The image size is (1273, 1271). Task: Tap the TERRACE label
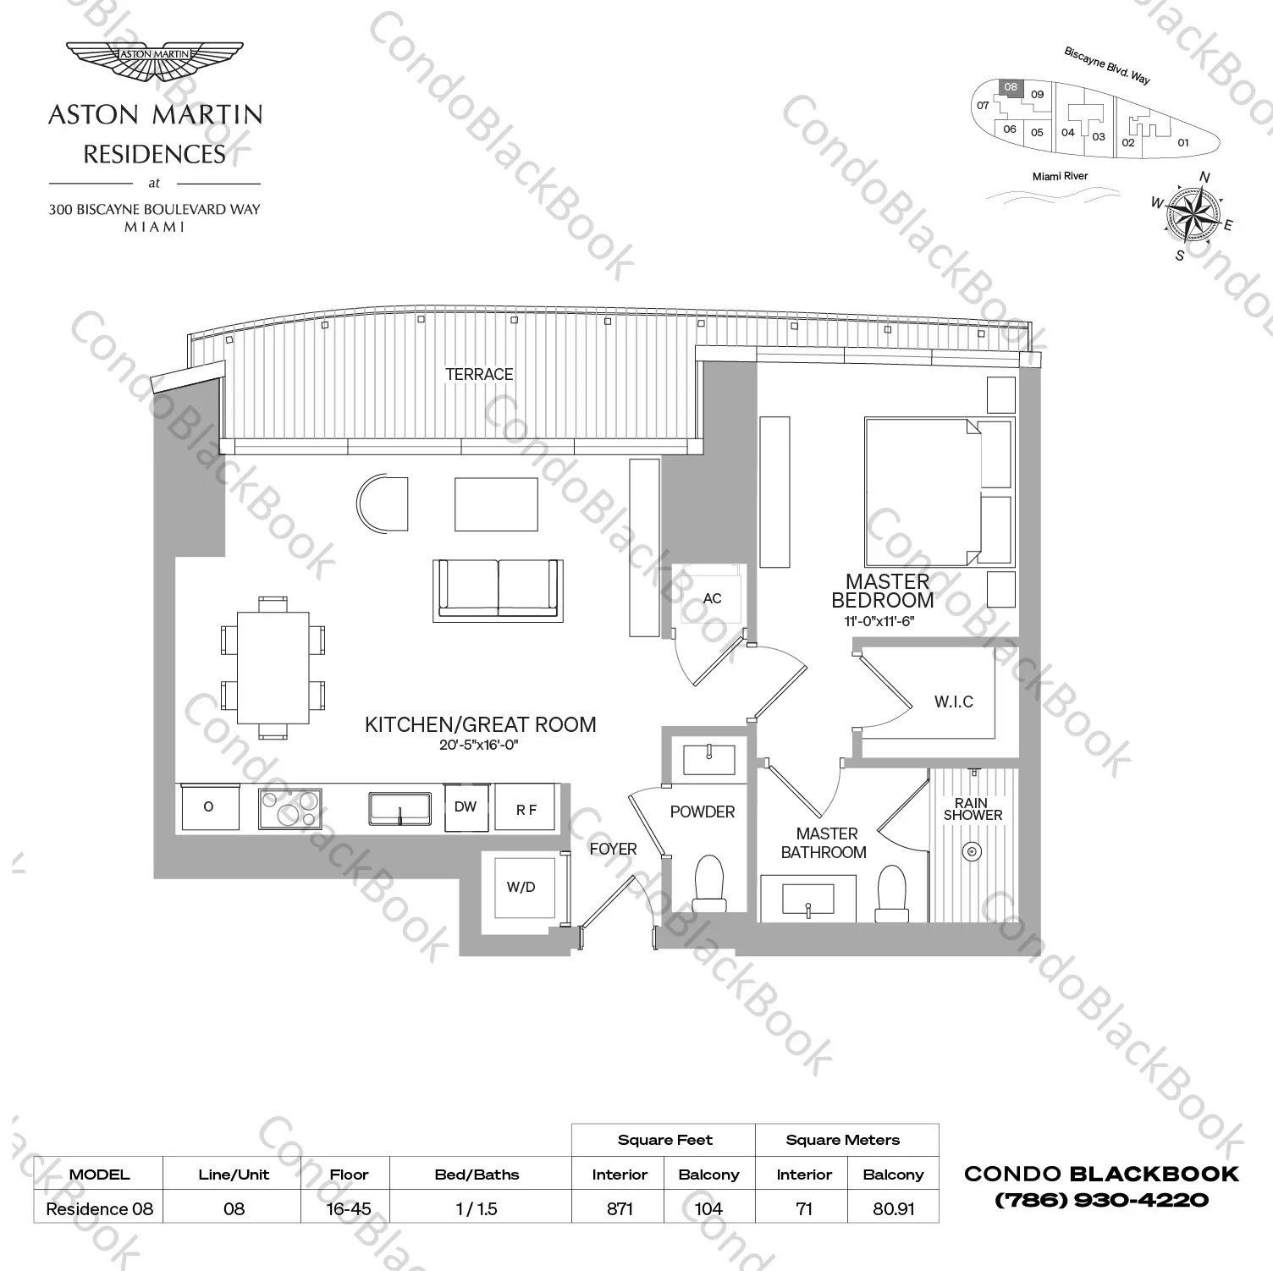pos(479,374)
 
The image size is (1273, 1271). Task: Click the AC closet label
pos(713,599)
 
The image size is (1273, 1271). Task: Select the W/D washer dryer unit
pos(521,888)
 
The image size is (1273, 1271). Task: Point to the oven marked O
pos(209,807)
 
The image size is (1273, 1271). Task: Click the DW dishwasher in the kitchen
pos(466,807)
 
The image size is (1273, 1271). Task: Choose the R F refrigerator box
pos(526,810)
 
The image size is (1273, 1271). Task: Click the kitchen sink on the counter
pos(400,808)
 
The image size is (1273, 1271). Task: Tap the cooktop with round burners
pos(290,808)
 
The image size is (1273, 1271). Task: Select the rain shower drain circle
pos(973,851)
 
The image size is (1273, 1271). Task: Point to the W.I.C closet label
pos(953,702)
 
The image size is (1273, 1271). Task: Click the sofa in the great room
pos(497,589)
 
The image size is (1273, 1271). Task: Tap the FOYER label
pos(613,850)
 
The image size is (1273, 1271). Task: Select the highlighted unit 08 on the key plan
pos(1011,87)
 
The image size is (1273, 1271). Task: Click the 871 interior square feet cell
pos(620,1208)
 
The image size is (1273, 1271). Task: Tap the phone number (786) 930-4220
pos(1101,1200)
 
